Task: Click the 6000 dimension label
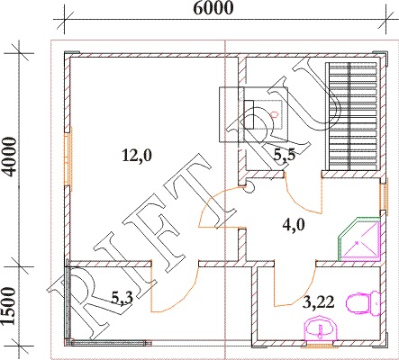pyautogui.click(x=213, y=8)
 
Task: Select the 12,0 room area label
pyautogui.click(x=137, y=156)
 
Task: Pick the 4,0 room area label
pyautogui.click(x=294, y=224)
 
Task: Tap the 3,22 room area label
pyautogui.click(x=318, y=302)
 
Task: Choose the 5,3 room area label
pyautogui.click(x=122, y=298)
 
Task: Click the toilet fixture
pyautogui.click(x=363, y=303)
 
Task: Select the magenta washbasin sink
pyautogui.click(x=321, y=328)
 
